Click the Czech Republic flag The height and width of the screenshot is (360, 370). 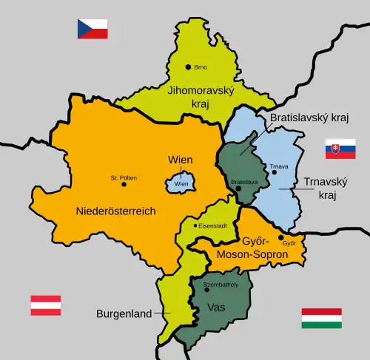[92, 29]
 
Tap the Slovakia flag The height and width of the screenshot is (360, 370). [340, 149]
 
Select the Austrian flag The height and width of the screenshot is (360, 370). [45, 305]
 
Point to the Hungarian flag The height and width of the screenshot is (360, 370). [321, 319]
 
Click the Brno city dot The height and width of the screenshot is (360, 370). [189, 67]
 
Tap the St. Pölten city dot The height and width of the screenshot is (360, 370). [104, 183]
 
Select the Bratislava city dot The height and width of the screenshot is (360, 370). [238, 189]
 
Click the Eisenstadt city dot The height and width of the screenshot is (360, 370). [195, 225]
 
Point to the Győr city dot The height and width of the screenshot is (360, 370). [281, 238]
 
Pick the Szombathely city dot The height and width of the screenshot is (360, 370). [207, 289]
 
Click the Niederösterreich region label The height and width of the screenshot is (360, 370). [115, 211]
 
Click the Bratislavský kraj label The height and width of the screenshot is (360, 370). [309, 118]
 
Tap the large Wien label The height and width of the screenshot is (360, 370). [181, 160]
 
